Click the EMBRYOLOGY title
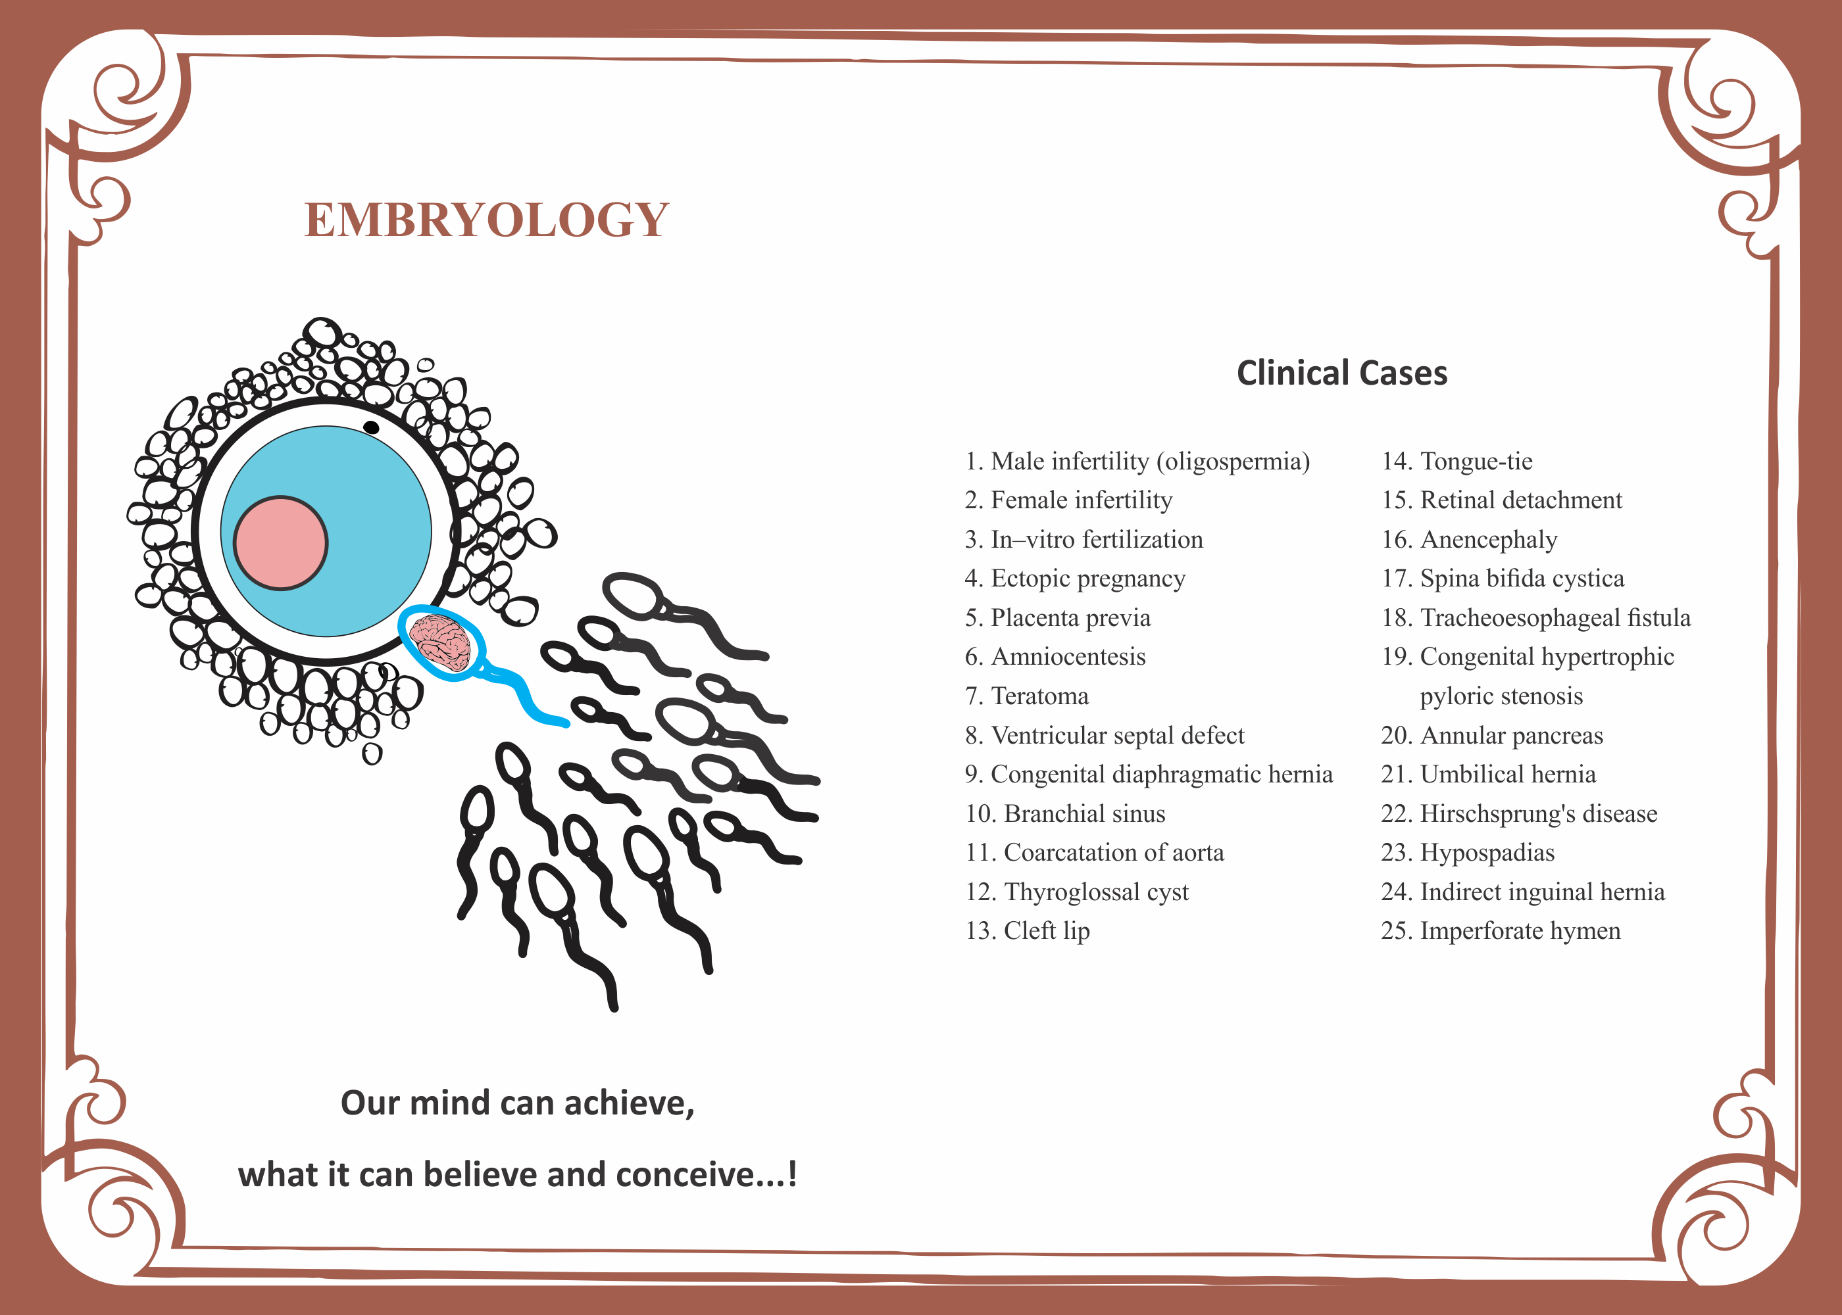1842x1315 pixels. click(x=487, y=220)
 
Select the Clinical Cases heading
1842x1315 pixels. click(x=1341, y=373)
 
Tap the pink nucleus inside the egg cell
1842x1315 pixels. click(x=280, y=542)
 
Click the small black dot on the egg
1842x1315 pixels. click(x=371, y=427)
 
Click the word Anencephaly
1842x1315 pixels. click(x=1488, y=539)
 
